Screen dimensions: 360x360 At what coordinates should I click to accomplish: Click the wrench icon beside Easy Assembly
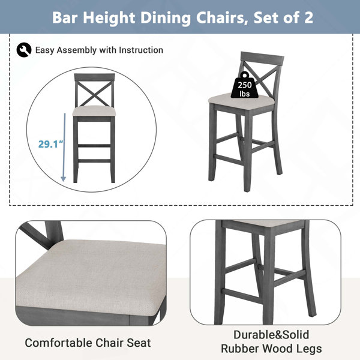24,50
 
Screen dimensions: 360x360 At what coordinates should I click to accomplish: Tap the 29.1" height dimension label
50,144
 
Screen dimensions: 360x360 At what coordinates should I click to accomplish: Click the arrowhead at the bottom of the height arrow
64,179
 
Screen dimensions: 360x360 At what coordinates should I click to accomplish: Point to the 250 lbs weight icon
244,85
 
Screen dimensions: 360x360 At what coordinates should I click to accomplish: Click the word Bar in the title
65,17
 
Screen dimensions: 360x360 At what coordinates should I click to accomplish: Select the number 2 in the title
309,17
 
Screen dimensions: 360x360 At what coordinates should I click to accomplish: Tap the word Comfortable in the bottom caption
58,343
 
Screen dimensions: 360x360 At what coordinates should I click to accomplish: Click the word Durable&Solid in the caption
271,335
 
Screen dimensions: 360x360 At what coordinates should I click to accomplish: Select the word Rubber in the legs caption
240,349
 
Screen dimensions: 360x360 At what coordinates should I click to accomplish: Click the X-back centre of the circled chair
94,95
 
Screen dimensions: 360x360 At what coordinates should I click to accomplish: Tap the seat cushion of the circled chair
94,111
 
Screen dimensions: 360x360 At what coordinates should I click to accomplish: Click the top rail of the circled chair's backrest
94,77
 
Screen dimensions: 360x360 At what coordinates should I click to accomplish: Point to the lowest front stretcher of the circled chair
94,161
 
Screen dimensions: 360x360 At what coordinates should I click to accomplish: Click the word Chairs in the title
222,17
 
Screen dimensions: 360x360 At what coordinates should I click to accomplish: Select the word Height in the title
109,18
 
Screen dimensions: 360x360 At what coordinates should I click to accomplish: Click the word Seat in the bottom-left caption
139,343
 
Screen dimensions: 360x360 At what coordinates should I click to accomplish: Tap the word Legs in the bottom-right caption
311,349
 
